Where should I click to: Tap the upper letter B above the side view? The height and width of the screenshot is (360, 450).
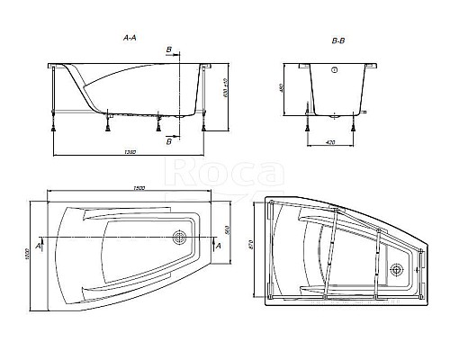pos(167,50)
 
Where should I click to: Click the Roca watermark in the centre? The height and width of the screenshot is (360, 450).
pos(209,172)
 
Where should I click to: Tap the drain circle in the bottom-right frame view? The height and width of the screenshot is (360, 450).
pos(397,265)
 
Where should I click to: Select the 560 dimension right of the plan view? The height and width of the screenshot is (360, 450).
pos(229,229)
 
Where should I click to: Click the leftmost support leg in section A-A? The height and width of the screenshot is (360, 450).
pos(58,99)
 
